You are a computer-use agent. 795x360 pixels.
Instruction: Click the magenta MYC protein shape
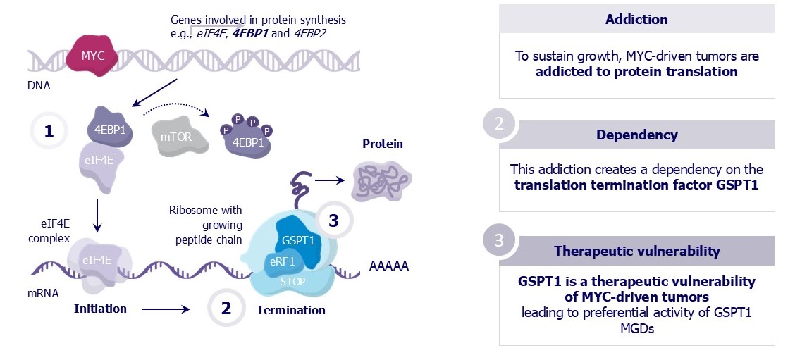pyautogui.click(x=94, y=56)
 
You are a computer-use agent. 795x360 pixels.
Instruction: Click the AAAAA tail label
pyautogui.click(x=388, y=267)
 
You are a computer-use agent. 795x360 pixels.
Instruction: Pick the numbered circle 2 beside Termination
pyautogui.click(x=226, y=309)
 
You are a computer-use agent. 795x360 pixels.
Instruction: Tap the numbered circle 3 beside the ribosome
pyautogui.click(x=334, y=221)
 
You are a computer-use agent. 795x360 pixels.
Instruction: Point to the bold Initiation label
pyautogui.click(x=100, y=309)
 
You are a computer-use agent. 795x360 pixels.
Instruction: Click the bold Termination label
pyautogui.click(x=291, y=309)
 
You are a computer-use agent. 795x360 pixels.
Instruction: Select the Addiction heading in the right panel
pyautogui.click(x=636, y=19)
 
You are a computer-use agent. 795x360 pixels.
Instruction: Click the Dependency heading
pyautogui.click(x=636, y=135)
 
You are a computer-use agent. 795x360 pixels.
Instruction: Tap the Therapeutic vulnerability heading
pyautogui.click(x=636, y=251)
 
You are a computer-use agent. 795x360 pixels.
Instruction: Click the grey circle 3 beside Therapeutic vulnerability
pyautogui.click(x=499, y=240)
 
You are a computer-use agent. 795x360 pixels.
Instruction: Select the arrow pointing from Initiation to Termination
pyautogui.click(x=166, y=309)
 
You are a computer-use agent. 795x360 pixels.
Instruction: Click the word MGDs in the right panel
pyautogui.click(x=636, y=328)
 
